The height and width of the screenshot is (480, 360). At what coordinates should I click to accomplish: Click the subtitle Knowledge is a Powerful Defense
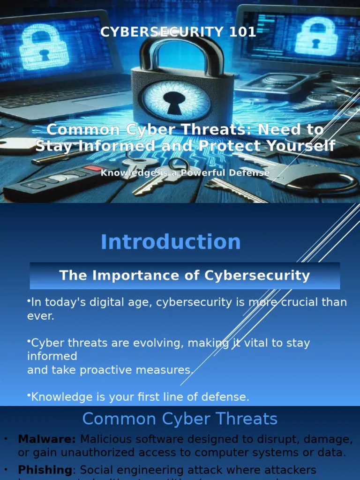[x=185, y=173]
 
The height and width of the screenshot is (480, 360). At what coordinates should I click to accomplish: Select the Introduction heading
[x=171, y=242]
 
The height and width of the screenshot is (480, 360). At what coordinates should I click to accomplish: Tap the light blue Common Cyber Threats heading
[x=180, y=419]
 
